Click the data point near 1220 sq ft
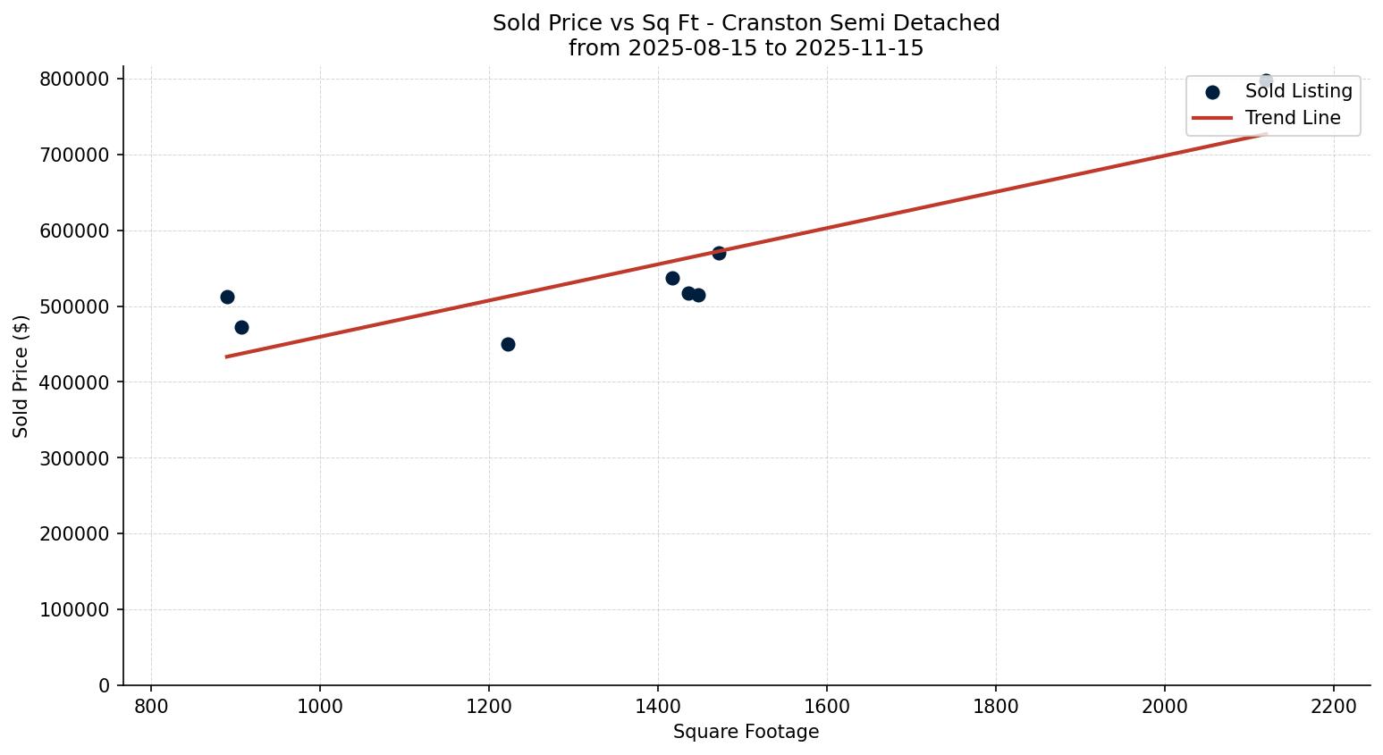[508, 344]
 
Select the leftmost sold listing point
[227, 297]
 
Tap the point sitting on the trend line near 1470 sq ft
[719, 253]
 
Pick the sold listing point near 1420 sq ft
[672, 278]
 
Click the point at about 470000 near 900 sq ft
[241, 327]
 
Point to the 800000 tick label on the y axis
[74, 80]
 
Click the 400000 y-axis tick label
[74, 382]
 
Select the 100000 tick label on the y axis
[74, 610]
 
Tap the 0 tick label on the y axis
[105, 686]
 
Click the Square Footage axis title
[746, 732]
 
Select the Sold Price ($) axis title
[21, 376]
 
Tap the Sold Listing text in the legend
[1298, 91]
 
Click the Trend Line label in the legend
[1293, 118]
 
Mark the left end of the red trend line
[227, 357]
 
